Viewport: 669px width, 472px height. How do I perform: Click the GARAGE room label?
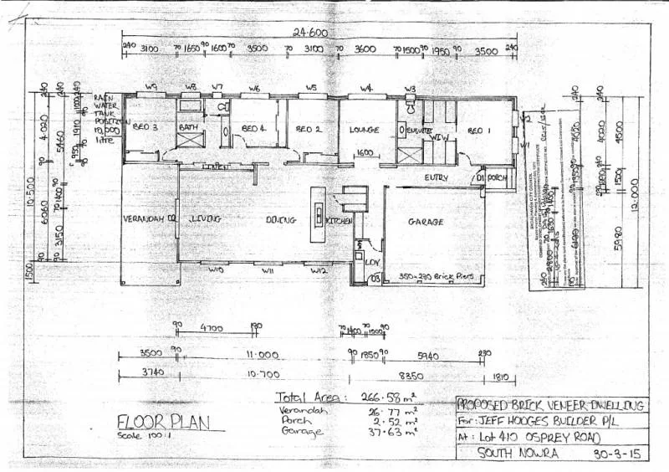tap(425, 222)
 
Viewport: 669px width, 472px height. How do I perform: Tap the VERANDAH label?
tap(143, 218)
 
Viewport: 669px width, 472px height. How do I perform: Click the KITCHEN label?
tap(339, 220)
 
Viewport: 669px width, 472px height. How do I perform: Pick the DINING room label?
tap(280, 220)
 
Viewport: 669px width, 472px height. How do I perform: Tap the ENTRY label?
tap(436, 177)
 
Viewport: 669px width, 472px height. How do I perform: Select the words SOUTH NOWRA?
tap(507, 454)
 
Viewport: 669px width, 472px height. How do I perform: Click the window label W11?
tap(268, 271)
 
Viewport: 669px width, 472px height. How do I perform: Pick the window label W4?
tap(366, 88)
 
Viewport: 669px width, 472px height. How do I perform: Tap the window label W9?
tap(151, 86)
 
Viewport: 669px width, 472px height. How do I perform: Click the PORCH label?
tap(498, 177)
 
